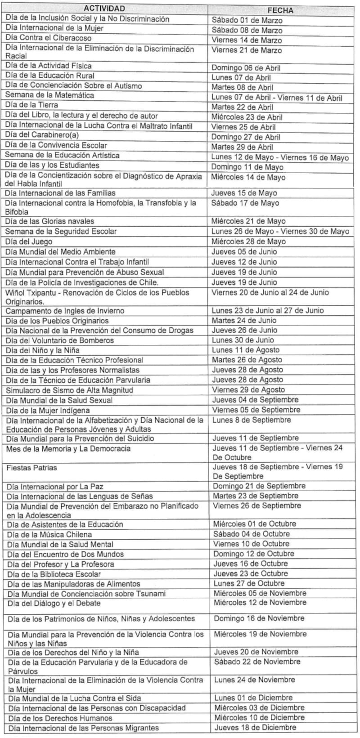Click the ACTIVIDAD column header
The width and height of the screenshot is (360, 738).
104,9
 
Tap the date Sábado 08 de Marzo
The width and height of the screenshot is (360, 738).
247,30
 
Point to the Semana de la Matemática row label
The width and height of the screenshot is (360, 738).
49,95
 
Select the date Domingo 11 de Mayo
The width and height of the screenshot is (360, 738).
247,167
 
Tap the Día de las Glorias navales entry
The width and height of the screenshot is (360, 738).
50,221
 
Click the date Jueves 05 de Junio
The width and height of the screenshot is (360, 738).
244,251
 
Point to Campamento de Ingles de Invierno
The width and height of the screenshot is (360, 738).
65,311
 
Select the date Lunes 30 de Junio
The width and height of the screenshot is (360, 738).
243,340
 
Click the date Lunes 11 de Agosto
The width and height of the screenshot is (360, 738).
246,350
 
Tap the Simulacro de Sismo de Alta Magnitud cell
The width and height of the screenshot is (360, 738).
69,390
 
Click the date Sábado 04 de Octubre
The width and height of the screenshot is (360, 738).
252,534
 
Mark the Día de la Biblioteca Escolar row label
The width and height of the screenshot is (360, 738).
54,574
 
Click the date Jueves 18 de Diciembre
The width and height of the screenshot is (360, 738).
255,727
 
